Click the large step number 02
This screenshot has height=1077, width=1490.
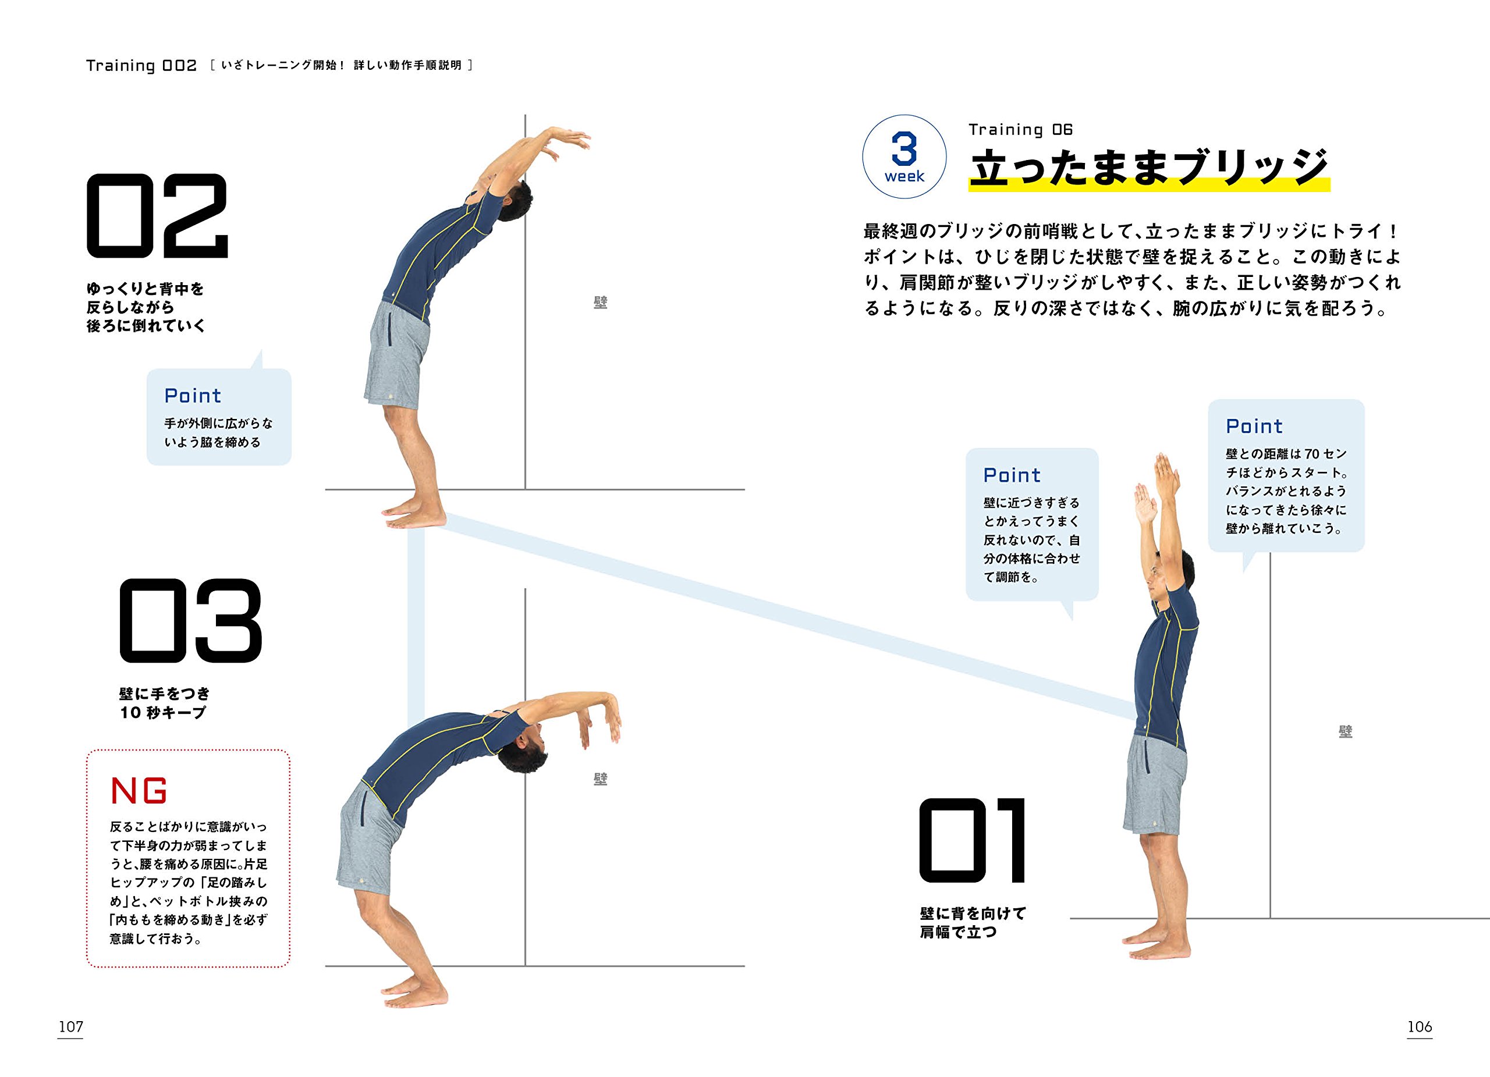[157, 216]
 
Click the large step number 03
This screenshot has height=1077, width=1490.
[190, 621]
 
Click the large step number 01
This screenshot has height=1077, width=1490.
[973, 841]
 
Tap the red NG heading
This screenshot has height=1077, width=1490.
[139, 791]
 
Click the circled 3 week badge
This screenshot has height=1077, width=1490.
[904, 157]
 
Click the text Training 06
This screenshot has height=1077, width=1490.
[1020, 129]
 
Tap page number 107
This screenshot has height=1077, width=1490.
[71, 1026]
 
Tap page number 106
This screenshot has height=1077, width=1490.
[1419, 1026]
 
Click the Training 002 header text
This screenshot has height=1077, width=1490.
[141, 66]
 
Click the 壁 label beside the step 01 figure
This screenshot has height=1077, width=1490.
[1346, 731]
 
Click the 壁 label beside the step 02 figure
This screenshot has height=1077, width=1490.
[601, 303]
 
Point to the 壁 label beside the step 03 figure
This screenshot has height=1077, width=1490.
[601, 779]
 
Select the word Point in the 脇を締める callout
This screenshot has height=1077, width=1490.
[193, 396]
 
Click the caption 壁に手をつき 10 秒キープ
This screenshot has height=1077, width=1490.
[164, 703]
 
